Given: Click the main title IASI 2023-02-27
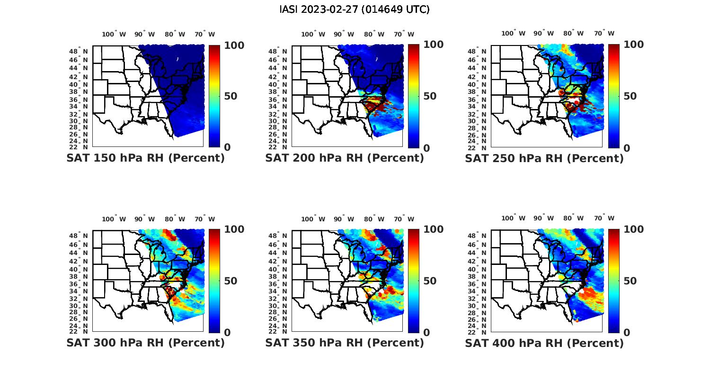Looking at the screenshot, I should [355, 9].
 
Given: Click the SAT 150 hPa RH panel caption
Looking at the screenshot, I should [145, 158].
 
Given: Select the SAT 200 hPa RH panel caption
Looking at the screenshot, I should [345, 158].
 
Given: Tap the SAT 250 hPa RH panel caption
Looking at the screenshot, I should [544, 158].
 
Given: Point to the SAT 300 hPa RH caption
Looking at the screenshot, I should [145, 343].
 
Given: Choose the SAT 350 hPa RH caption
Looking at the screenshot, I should [345, 343].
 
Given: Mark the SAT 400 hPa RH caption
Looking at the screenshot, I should [544, 343].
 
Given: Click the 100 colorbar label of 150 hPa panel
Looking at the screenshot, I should [234, 45].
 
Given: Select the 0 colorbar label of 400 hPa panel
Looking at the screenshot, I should [627, 333].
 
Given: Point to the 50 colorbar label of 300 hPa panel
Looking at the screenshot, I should [231, 281].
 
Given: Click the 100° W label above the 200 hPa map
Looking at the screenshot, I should [313, 34].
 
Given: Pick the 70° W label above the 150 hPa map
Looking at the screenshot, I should [204, 34].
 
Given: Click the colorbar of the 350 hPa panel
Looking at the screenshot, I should [414, 281].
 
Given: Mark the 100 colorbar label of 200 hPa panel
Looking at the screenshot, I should [433, 45].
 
